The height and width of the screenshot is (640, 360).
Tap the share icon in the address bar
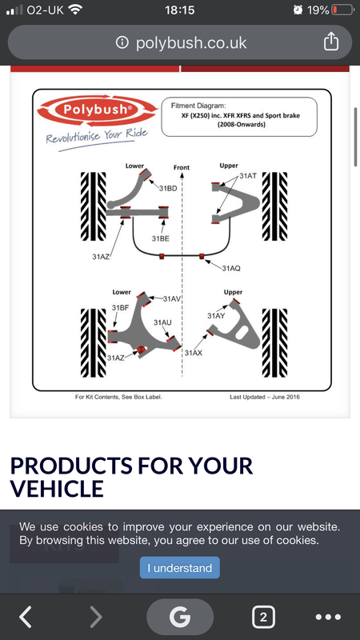331,42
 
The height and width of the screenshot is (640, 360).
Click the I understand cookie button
179,567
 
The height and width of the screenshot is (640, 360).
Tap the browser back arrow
26,617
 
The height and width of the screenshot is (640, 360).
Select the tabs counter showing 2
263,617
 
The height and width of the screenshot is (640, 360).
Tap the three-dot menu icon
329,617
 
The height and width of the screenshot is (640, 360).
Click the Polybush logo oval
97,110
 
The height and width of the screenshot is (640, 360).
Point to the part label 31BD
168,188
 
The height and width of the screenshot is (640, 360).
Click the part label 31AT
248,176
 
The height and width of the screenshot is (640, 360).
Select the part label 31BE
161,238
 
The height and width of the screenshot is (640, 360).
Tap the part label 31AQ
231,268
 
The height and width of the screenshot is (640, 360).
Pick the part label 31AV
172,298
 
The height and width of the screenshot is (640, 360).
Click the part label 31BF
121,308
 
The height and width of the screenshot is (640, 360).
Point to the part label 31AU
162,322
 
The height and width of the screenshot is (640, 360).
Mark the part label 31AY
216,315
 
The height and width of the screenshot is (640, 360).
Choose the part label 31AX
193,353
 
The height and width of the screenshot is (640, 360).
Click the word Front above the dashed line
182,167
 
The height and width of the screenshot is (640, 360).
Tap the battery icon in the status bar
343,10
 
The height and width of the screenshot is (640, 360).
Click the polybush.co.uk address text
191,42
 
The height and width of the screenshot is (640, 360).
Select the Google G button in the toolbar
180,617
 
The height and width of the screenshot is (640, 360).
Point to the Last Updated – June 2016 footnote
265,397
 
